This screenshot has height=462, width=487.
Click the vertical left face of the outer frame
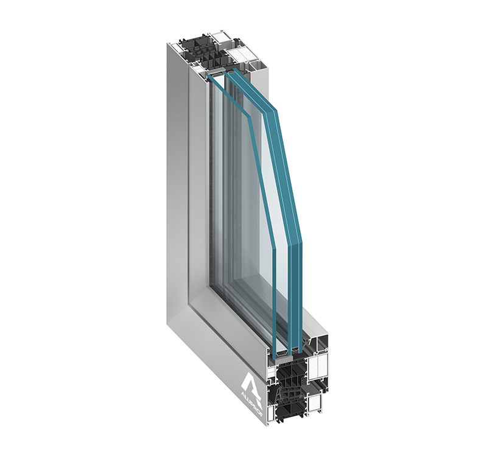pyautogui.click(x=177, y=183)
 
